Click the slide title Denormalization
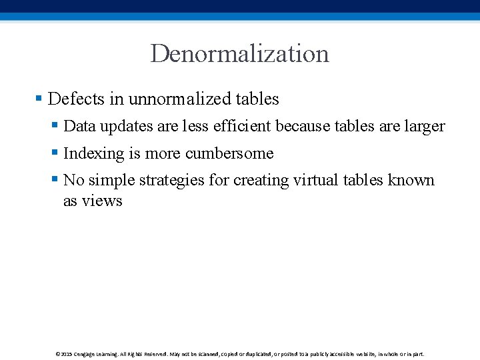coord(240,53)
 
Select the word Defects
coord(77,99)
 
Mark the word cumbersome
coord(229,153)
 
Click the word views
coord(103,201)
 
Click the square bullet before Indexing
coord(55,153)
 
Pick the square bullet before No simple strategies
coord(55,180)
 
